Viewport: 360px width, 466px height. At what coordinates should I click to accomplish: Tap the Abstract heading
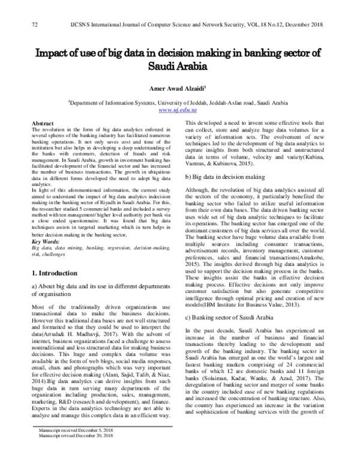pos(43,122)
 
